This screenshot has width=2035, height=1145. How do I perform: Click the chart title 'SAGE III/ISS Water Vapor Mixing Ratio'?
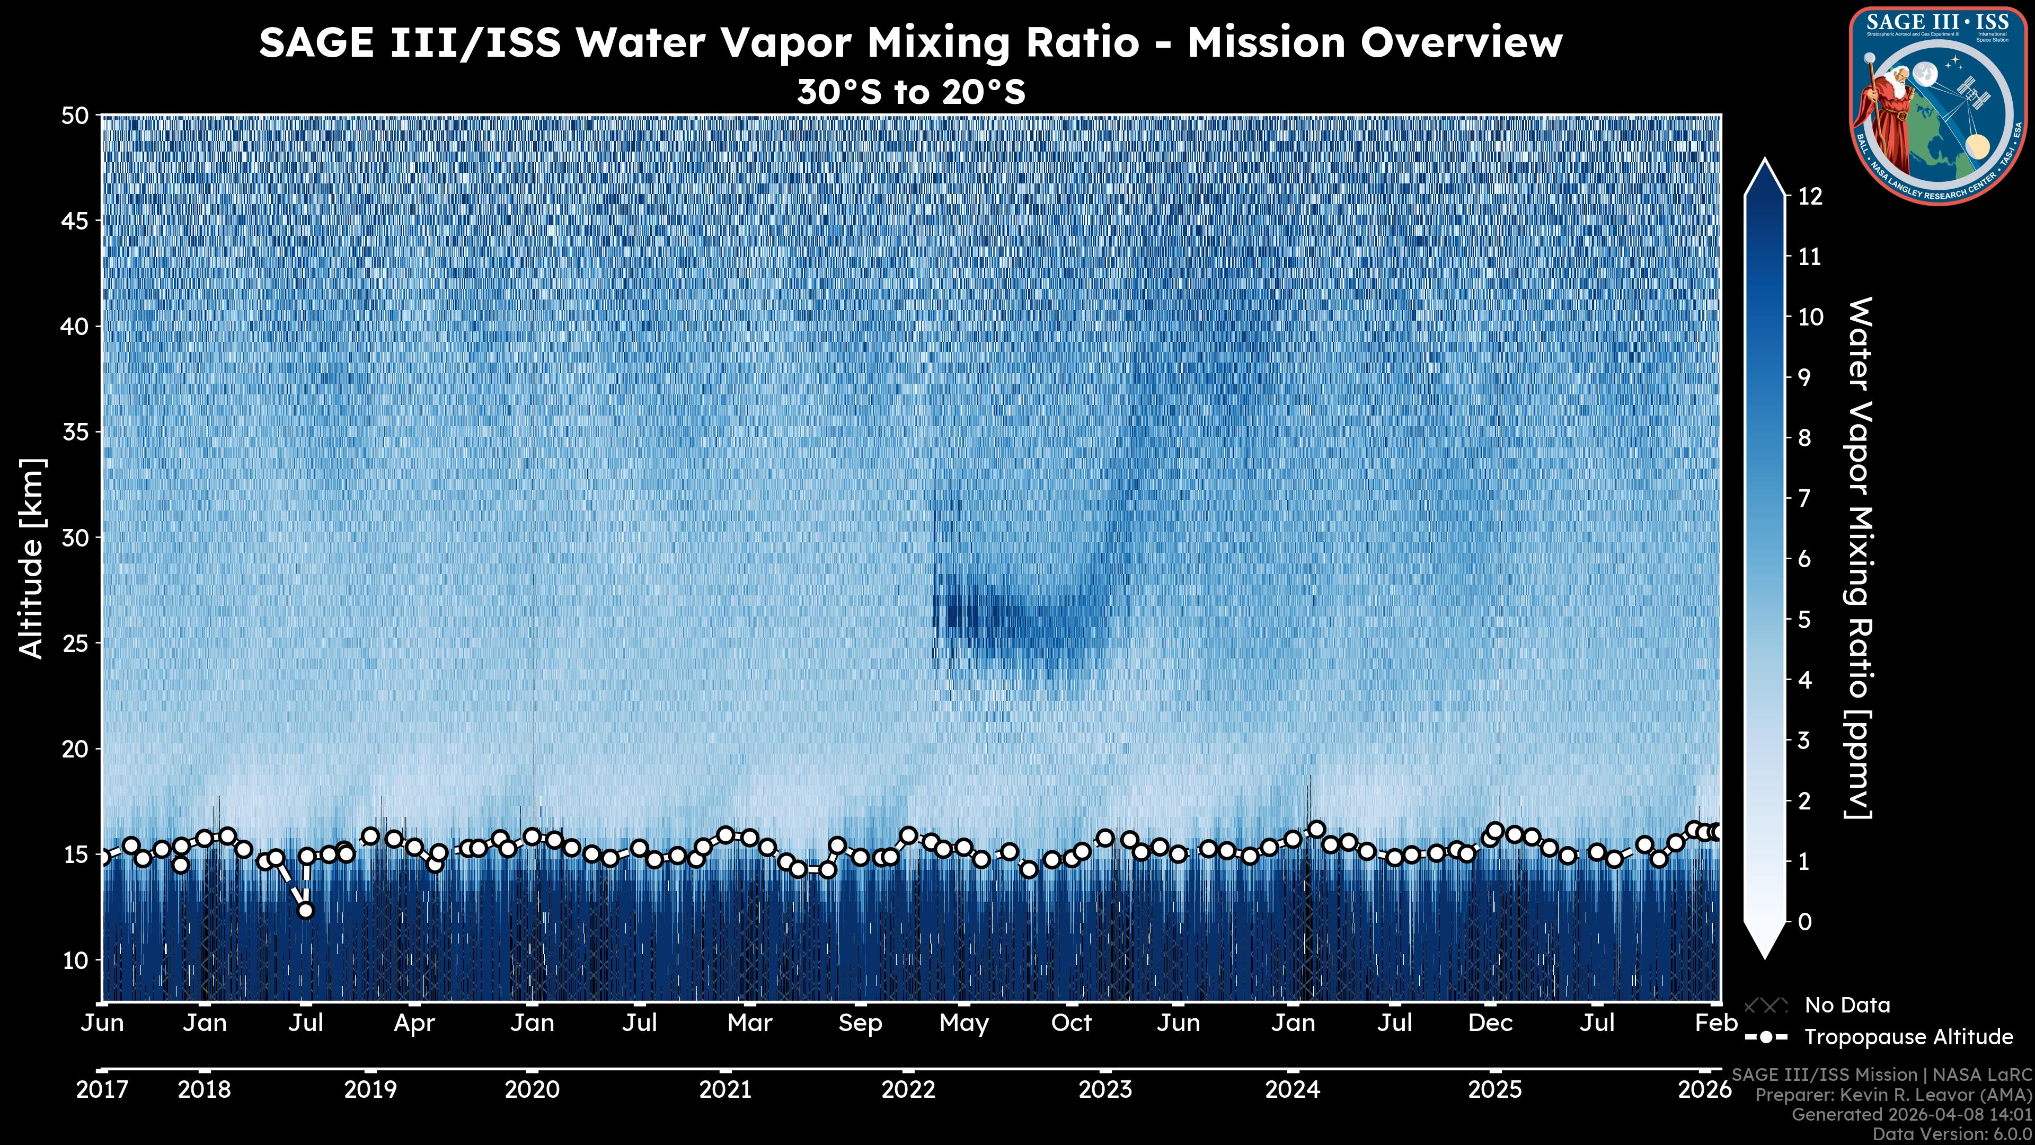(910, 42)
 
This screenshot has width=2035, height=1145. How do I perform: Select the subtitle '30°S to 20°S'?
(910, 92)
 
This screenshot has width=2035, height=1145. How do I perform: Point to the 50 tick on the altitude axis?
(74, 116)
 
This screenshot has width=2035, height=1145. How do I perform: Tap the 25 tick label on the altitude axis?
(74, 643)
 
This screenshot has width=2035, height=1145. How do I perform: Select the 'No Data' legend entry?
(1847, 1005)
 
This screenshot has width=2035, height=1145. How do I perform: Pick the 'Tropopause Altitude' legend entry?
(1908, 1037)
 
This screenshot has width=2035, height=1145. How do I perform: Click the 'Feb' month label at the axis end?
(1716, 1023)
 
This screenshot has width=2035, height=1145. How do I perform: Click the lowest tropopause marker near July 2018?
(306, 910)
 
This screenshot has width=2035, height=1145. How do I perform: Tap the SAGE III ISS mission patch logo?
(1940, 104)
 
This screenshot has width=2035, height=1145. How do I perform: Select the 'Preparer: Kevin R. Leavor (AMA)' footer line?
(1893, 1095)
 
